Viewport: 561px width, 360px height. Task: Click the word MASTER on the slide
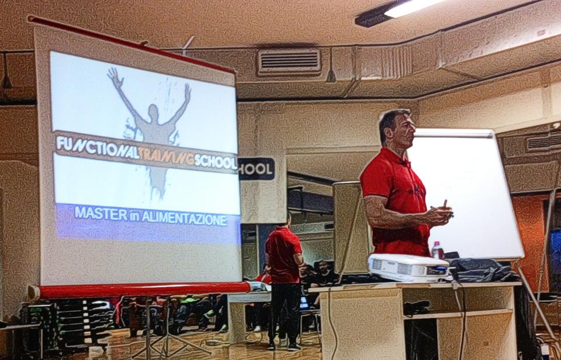point(101,214)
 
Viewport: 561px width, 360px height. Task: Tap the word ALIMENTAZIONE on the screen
point(185,219)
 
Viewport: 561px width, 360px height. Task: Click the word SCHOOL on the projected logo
point(216,162)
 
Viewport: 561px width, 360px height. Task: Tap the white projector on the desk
point(408,268)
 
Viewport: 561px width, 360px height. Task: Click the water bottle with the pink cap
point(437,250)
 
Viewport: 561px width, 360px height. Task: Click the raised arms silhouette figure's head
point(154,112)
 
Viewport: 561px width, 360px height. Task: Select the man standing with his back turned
point(283,283)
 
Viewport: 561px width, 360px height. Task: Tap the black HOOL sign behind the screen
point(256,168)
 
